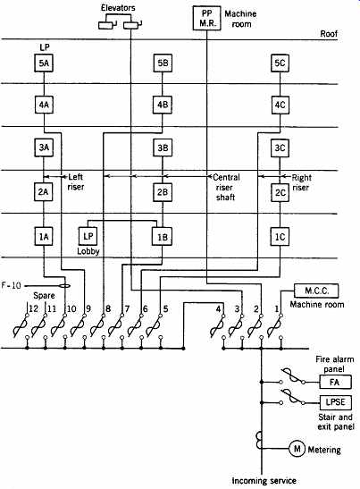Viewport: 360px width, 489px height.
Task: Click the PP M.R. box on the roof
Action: click(x=207, y=18)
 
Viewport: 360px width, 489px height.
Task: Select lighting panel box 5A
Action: click(x=44, y=63)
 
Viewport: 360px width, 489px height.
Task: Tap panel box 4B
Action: click(x=163, y=105)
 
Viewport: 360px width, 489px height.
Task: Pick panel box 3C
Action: click(x=280, y=148)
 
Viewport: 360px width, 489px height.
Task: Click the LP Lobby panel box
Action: click(x=88, y=236)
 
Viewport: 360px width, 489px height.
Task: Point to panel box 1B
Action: click(x=162, y=237)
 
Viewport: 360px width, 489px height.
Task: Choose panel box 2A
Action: click(x=43, y=191)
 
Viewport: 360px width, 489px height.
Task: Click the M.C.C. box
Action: click(x=316, y=291)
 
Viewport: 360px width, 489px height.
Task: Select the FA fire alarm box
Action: click(x=335, y=382)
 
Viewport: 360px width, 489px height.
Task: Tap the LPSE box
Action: click(x=335, y=402)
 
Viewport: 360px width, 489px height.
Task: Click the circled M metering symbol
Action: click(x=297, y=449)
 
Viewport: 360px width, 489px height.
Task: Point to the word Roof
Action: click(x=329, y=34)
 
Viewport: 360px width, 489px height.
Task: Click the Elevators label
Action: click(x=118, y=8)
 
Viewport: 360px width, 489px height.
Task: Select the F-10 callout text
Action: click(x=12, y=285)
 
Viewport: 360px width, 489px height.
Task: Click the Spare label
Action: click(x=44, y=295)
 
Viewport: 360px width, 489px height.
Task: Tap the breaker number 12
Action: click(x=33, y=308)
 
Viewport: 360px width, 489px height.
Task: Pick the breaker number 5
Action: click(x=165, y=308)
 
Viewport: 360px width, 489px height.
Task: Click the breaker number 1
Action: click(x=276, y=309)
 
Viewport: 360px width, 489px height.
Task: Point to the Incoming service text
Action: click(x=264, y=481)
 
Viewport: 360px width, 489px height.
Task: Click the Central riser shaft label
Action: click(x=226, y=187)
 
